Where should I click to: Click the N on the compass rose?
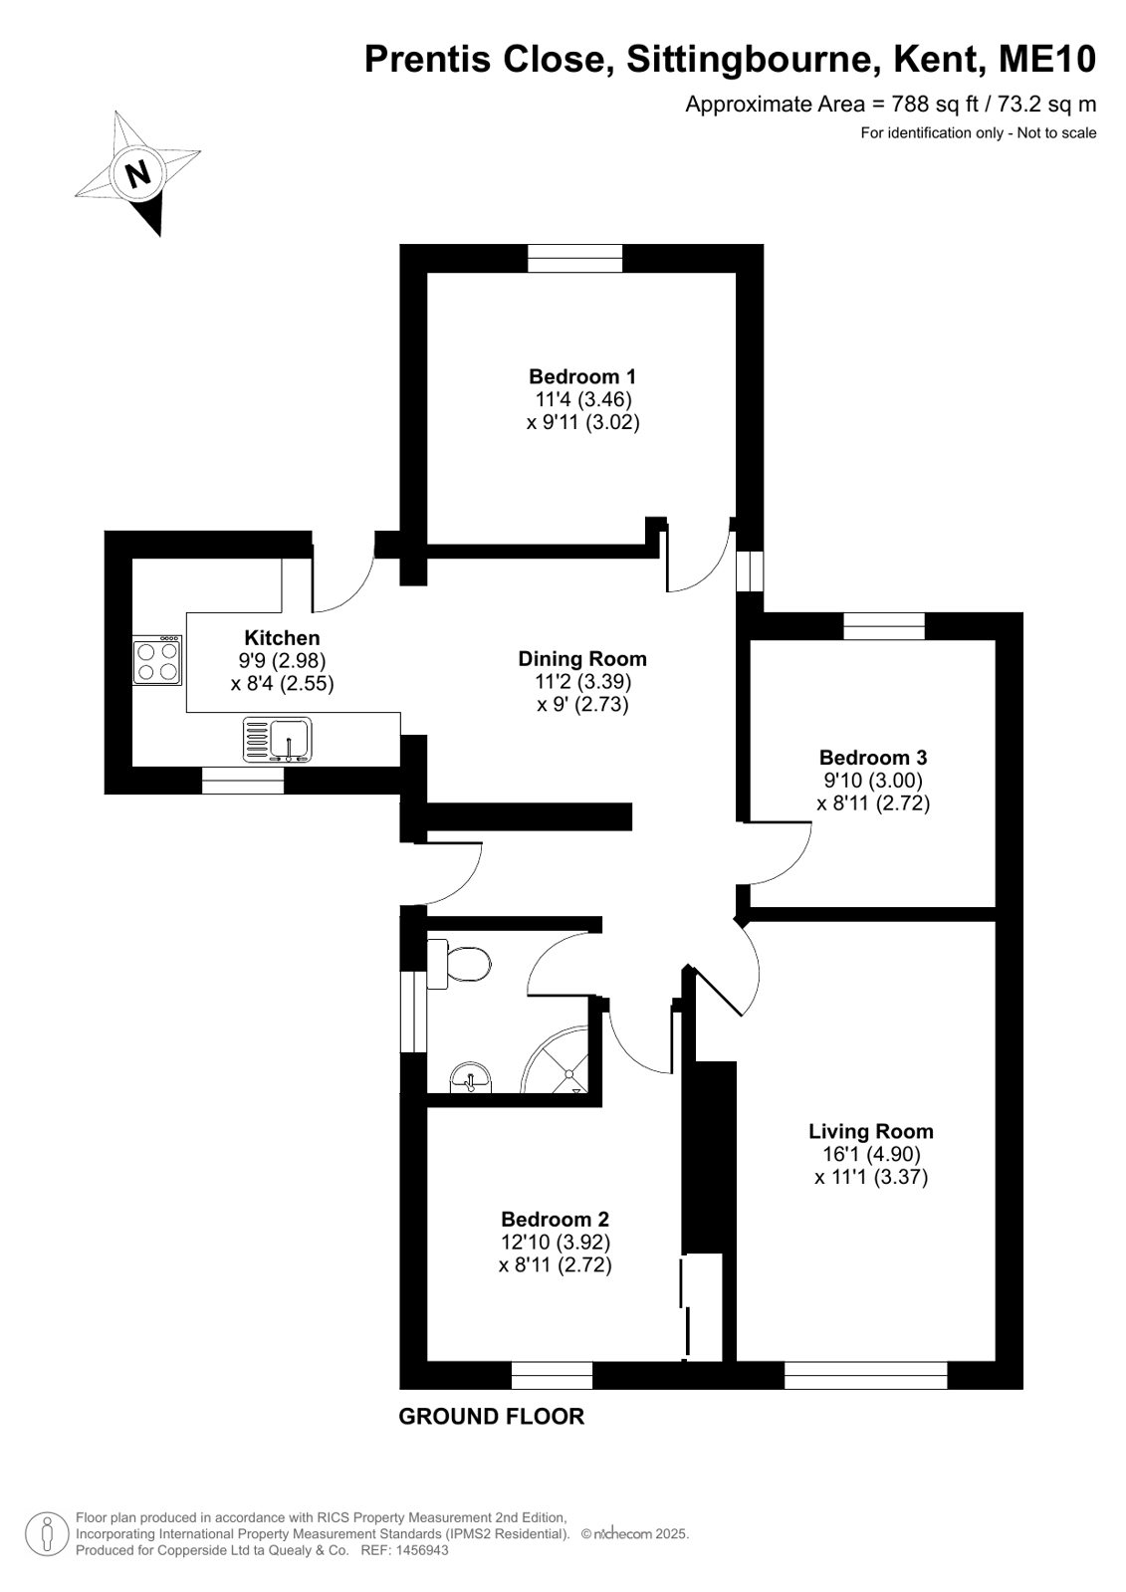pos(137,172)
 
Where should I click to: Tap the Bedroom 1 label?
pos(582,376)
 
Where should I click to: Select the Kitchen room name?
pos(282,637)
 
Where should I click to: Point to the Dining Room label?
pos(582,659)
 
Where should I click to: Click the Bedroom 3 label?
pos(873,758)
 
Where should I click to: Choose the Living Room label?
pos(871,1131)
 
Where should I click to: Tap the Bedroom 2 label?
pos(555,1220)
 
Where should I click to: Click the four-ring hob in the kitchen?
pos(157,660)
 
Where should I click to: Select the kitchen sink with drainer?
pos(277,739)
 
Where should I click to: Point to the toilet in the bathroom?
pos(459,964)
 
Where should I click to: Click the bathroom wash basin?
pos(470,1077)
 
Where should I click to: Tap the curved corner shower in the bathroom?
pos(556,1059)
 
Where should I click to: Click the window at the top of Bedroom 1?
pos(575,258)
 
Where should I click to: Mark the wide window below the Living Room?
pos(866,1375)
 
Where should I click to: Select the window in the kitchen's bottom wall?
pos(243,781)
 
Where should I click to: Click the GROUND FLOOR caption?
pos(491,1417)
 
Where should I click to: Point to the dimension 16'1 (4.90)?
pos(871,1154)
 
